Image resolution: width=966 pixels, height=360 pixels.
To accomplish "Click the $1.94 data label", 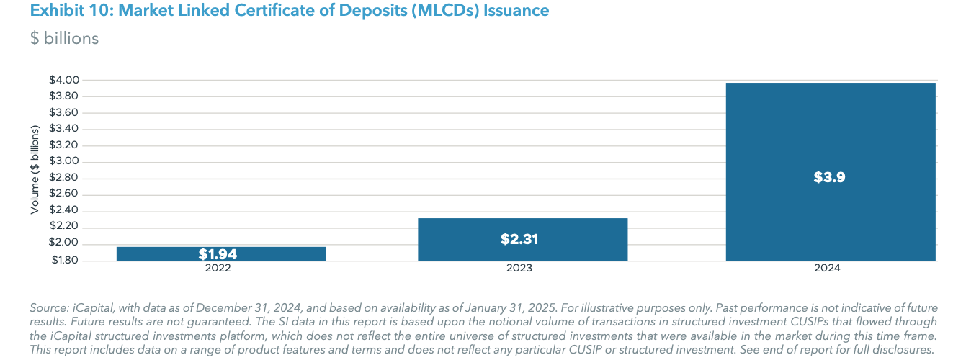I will [x=218, y=254].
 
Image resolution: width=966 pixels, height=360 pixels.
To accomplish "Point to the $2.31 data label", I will [x=519, y=239].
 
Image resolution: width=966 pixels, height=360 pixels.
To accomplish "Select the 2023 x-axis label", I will [x=519, y=268].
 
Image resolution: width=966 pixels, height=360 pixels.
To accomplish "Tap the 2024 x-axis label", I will [x=828, y=268].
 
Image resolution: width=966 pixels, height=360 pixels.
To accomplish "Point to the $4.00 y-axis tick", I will [x=63, y=80].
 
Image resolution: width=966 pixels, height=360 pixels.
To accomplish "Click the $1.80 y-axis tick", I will [x=63, y=260].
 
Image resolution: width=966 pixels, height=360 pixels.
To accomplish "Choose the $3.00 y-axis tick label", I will [x=63, y=161].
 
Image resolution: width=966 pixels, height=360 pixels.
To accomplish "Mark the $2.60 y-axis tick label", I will [x=63, y=194].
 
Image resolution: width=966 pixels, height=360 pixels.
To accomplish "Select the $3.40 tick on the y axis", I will [x=63, y=129].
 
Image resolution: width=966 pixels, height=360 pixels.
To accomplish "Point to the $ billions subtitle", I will [x=64, y=38].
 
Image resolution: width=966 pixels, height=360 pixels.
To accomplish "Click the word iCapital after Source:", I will [x=92, y=307].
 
